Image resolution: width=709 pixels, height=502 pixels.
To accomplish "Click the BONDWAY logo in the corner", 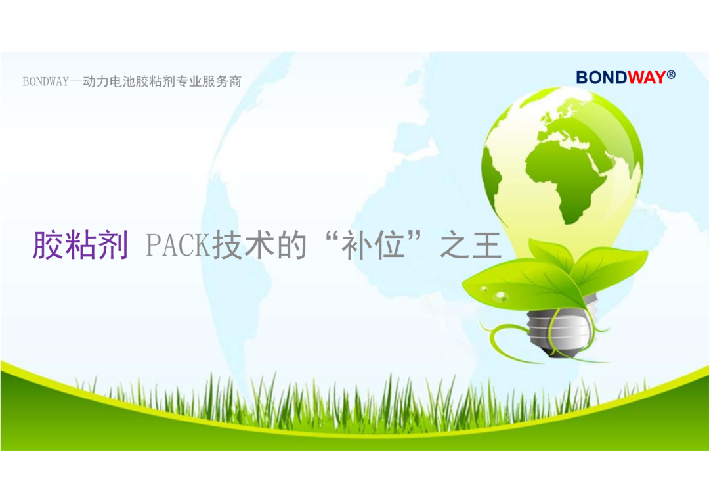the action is point(626,78).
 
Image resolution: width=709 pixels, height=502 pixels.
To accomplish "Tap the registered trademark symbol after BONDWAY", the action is point(671,74).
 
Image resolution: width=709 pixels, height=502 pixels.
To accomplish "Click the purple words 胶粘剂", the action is point(81,245).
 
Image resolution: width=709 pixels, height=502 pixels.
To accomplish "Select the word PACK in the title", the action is point(179,245).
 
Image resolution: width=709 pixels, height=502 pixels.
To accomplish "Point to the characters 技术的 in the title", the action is point(259,245).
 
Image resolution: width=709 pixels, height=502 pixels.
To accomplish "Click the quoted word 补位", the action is point(373,245).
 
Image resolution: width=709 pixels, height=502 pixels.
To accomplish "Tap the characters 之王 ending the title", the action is point(471,245).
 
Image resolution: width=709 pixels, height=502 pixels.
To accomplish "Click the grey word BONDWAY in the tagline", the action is point(46,81).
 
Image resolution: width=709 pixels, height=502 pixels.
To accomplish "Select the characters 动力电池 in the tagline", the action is point(108,81).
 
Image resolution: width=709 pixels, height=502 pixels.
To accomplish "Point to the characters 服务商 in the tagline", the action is point(222,81).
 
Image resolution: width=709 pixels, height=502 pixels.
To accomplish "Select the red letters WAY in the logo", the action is point(647,78).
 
